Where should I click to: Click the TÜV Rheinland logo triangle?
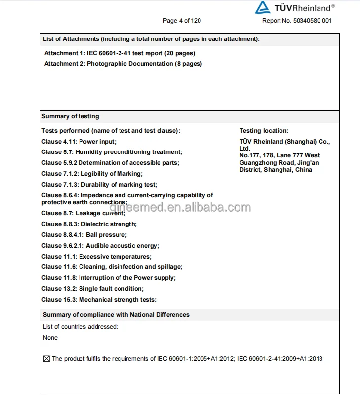(262, 7)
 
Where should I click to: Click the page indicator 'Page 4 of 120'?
(182, 21)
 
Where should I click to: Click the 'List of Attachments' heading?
(151, 39)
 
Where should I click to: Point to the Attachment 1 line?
(120, 53)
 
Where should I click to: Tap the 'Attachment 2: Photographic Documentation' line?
(123, 64)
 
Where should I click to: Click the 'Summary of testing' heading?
(70, 116)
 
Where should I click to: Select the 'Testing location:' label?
(264, 131)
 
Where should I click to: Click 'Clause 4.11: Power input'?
(79, 142)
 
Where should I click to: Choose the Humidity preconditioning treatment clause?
(112, 152)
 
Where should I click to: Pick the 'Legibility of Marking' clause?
(92, 174)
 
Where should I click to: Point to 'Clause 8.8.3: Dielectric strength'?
(89, 224)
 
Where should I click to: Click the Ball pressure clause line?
(84, 235)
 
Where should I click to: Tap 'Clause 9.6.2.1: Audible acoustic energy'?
(100, 246)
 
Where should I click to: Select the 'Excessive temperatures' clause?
(96, 257)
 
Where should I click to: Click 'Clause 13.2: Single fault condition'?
(92, 289)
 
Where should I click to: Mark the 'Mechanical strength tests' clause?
(99, 300)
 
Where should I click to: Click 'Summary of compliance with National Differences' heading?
(116, 315)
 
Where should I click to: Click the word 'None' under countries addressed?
(50, 338)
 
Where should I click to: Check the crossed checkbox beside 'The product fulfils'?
(47, 359)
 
